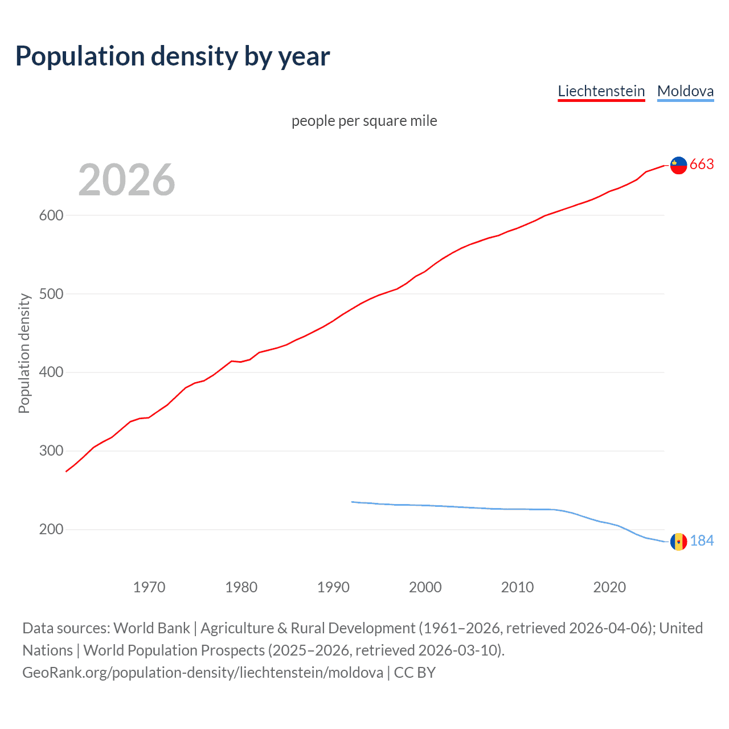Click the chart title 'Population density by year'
[173, 56]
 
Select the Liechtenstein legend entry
[601, 91]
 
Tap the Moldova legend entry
[685, 91]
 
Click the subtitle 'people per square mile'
[364, 121]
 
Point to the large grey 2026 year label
[126, 180]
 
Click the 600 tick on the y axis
[51, 215]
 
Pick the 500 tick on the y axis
[51, 294]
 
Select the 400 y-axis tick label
[51, 372]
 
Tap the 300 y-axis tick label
[51, 451]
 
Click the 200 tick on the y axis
[51, 530]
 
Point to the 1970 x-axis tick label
[149, 587]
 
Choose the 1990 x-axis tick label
[333, 587]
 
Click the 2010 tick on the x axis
[517, 587]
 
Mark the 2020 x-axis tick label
[609, 587]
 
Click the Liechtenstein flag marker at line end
[678, 165]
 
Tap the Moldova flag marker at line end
[678, 542]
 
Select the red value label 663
[702, 165]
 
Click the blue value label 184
[702, 541]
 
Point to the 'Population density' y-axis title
[24, 353]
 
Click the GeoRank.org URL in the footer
[203, 673]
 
